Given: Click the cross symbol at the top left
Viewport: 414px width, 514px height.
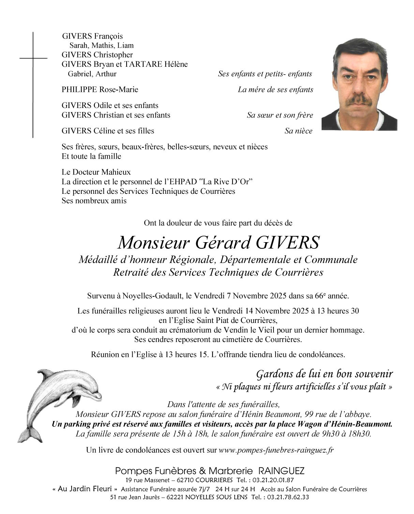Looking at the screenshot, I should click(33, 59).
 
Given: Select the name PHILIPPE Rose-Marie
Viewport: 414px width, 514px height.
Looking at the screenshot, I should click(100, 90).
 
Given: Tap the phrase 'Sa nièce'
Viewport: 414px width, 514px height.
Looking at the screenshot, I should click(298, 131).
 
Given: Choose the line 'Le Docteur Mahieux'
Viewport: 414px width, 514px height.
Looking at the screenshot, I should click(96, 172).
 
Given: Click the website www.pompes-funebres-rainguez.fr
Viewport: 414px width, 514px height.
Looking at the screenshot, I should click(276, 450).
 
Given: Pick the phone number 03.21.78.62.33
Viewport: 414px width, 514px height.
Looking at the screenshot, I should click(287, 497).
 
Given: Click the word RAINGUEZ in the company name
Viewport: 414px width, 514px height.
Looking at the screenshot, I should click(281, 471).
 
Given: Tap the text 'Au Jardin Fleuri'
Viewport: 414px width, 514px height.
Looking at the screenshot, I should click(85, 489).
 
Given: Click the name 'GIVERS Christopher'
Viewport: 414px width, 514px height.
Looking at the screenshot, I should click(97, 55).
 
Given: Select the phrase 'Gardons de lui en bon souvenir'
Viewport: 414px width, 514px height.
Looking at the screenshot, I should click(324, 374).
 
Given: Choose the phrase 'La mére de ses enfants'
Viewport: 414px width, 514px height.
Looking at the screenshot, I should click(275, 90).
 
